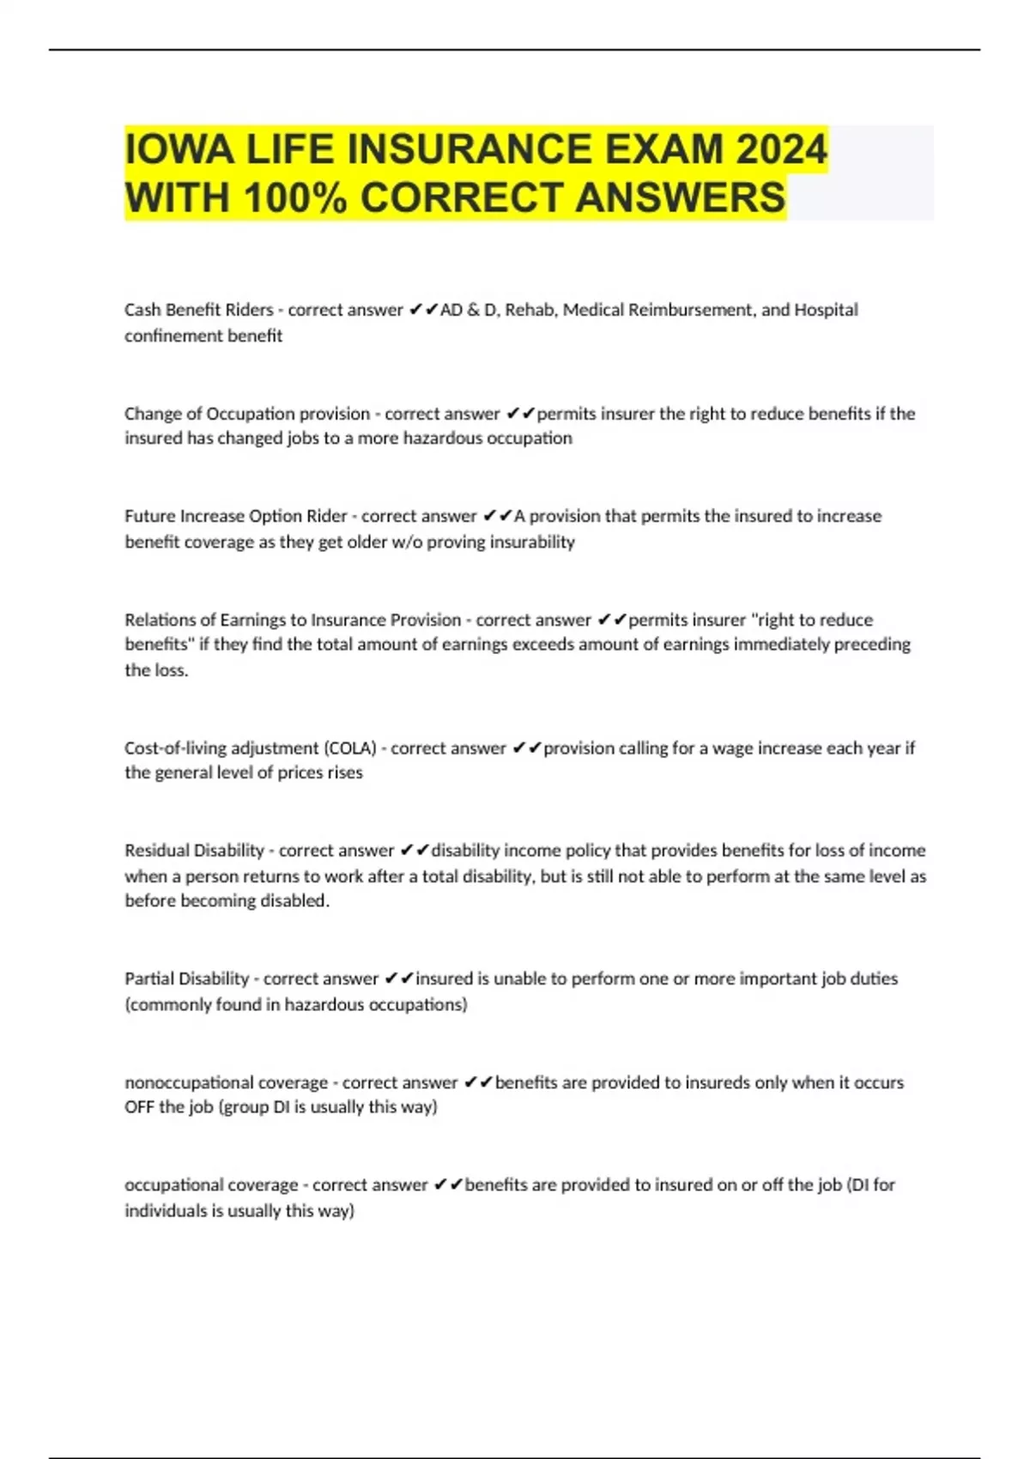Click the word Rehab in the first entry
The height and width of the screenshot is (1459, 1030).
529,310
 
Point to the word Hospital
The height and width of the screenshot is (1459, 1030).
826,310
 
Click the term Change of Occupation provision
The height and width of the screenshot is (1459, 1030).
246,414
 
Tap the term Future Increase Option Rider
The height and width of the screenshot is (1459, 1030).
235,517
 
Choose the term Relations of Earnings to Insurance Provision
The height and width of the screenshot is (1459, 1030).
293,620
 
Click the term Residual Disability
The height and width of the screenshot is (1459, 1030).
194,851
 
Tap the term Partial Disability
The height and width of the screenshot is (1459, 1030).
186,979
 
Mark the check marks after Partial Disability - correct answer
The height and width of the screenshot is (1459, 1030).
399,979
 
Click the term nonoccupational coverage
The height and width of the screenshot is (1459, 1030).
226,1083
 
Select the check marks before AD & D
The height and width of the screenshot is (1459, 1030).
423,310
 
